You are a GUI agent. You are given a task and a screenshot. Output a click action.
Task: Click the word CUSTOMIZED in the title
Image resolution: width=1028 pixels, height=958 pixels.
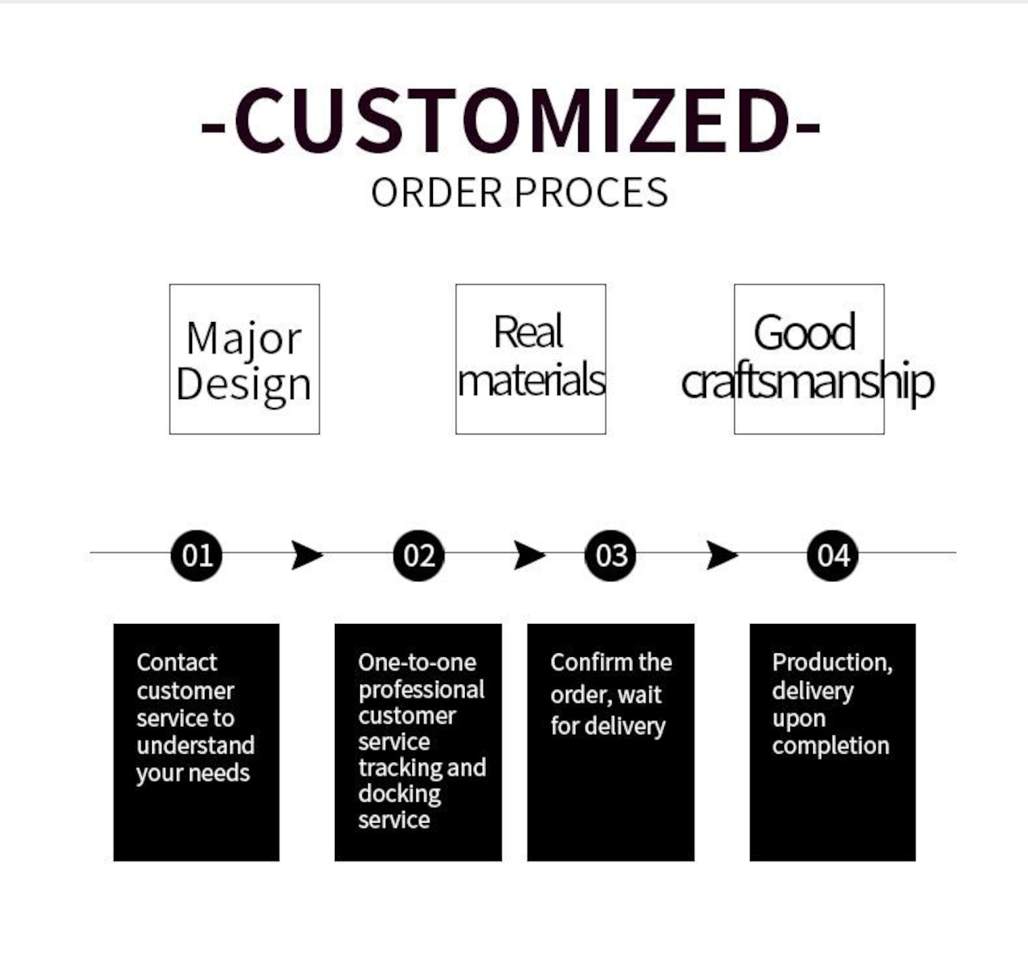coord(513,120)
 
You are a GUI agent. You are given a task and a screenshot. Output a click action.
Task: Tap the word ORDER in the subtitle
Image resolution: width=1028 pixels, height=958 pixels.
coord(436,193)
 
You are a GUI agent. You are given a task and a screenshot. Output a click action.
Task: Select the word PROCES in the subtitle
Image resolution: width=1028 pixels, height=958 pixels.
coord(591,193)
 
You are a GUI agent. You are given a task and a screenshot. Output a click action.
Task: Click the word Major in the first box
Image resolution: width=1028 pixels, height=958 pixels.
coord(244,338)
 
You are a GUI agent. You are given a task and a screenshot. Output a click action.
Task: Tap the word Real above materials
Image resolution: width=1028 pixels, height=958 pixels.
coord(528,331)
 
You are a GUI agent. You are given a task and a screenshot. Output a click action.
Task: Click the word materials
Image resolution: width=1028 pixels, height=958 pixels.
coord(531,379)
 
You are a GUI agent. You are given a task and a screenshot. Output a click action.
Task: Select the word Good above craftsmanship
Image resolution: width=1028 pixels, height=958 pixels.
coord(805,332)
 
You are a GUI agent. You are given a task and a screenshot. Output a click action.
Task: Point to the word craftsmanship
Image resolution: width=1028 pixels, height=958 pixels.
coord(807,381)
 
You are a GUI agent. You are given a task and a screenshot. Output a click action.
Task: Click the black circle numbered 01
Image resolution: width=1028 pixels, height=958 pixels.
coord(196,556)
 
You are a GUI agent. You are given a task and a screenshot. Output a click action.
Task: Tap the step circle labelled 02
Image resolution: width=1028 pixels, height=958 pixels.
coord(418,556)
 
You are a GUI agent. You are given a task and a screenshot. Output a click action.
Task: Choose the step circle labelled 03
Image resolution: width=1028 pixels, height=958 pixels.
coord(610,556)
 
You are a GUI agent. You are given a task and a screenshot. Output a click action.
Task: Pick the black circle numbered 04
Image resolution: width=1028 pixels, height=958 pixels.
coord(833,556)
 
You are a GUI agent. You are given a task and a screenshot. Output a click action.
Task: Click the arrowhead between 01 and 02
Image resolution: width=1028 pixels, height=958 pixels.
coord(308,556)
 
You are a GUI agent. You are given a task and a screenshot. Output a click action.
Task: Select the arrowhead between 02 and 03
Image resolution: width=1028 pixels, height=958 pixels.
coord(529,556)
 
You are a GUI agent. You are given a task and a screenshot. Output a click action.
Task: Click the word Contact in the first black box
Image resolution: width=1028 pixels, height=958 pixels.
coord(177,662)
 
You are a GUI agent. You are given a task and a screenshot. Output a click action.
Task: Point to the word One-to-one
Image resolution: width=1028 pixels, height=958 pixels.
coord(417,662)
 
